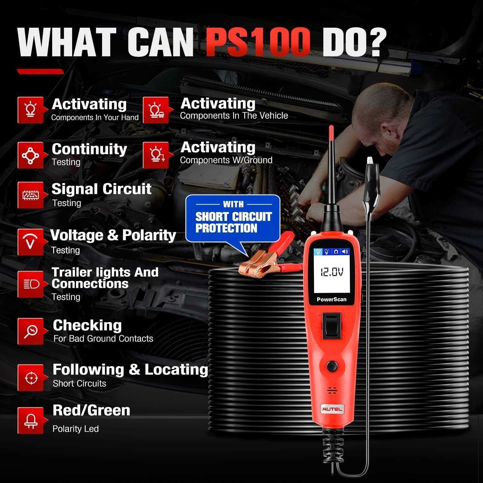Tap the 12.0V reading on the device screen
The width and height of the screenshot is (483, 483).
(331, 272)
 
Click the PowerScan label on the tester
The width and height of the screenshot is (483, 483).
(331, 299)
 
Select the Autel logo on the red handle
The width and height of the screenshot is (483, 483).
(332, 409)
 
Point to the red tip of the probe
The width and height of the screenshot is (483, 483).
(331, 132)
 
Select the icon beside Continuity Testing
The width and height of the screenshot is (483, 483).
(31, 155)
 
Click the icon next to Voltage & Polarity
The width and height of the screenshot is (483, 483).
(31, 242)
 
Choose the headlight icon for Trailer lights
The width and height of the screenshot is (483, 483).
(31, 284)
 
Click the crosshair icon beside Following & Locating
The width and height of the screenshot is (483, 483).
(31, 378)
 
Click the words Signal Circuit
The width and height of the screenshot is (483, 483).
(101, 189)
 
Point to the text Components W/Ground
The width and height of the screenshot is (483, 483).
(226, 160)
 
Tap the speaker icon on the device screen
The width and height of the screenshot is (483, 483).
(345, 251)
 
